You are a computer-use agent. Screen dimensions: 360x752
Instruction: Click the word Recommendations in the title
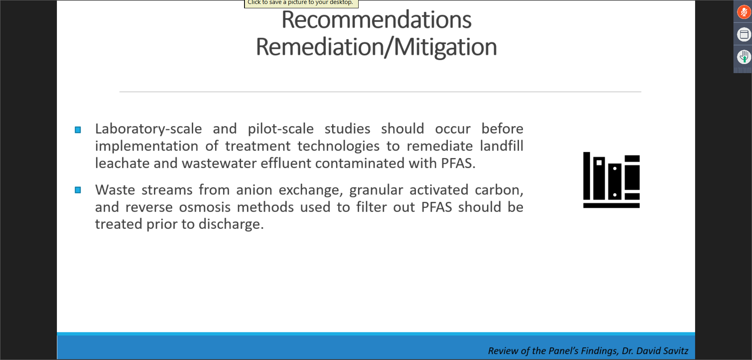tap(376, 20)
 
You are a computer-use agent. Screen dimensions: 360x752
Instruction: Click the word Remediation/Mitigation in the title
tap(376, 47)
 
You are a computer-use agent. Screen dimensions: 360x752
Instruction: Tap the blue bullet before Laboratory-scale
tap(78, 130)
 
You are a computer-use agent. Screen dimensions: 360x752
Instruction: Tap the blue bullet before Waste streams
tap(78, 190)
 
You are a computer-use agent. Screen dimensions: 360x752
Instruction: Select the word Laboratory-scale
tap(148, 129)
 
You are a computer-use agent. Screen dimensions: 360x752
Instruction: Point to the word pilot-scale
tap(280, 129)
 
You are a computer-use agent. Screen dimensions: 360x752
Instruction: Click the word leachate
tap(122, 163)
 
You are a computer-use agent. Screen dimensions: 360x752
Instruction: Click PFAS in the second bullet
tap(436, 207)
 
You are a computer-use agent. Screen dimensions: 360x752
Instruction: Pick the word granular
tap(376, 190)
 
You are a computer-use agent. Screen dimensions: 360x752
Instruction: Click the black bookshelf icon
tap(611, 180)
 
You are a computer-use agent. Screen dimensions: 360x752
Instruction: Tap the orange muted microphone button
tap(744, 12)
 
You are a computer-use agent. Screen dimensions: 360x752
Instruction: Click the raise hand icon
tap(744, 57)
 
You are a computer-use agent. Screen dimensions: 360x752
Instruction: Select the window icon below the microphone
tap(744, 35)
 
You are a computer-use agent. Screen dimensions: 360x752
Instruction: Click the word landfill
tap(501, 146)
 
